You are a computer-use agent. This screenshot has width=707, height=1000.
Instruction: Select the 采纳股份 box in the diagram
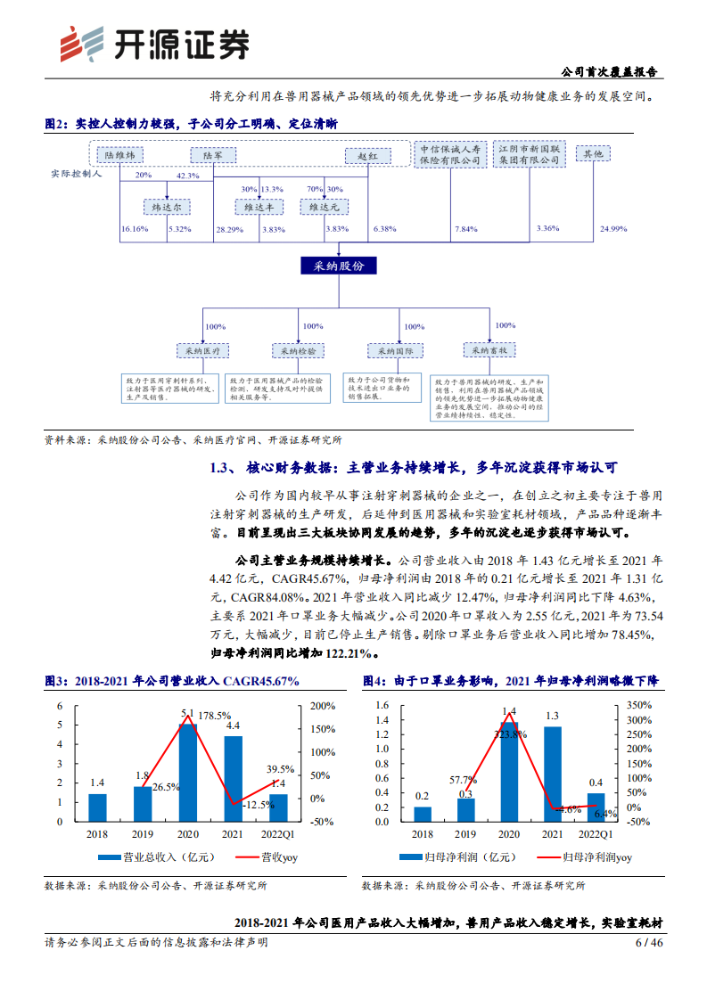click(339, 266)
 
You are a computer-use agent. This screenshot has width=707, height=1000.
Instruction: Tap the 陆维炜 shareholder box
click(119, 155)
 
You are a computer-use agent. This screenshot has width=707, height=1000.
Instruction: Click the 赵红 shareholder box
click(368, 156)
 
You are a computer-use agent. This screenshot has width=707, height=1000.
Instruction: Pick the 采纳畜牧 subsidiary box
click(490, 351)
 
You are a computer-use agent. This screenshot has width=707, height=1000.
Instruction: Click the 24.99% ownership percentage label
click(613, 229)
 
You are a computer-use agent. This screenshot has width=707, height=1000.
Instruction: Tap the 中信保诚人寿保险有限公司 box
click(451, 155)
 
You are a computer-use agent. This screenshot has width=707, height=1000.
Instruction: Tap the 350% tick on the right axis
click(641, 705)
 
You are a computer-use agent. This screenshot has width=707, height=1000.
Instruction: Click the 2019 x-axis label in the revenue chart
click(143, 833)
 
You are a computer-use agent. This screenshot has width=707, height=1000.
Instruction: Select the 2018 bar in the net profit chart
click(423, 814)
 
